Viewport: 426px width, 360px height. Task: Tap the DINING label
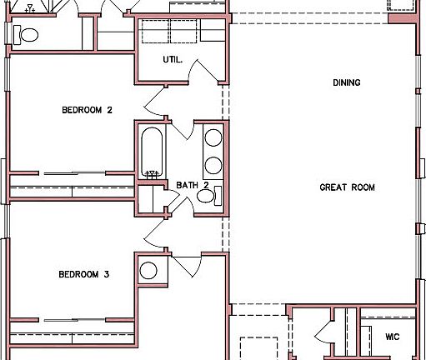coord(346,82)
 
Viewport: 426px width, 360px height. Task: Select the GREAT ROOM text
coord(347,187)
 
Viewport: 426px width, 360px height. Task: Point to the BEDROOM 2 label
coord(87,109)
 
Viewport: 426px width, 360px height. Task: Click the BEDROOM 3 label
coord(83,273)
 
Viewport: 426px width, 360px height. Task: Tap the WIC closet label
coord(393,337)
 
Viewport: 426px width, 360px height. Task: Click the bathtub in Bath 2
coord(151,151)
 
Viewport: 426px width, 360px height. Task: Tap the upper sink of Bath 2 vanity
coord(213,138)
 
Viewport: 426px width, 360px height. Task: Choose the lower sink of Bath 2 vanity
coord(213,164)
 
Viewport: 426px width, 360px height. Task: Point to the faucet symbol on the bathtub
coord(152,174)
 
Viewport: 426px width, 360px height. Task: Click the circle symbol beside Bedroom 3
coord(148,271)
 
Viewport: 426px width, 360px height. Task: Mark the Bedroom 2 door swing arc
coord(156,105)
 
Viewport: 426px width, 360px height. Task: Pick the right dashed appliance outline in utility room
coord(210,32)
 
